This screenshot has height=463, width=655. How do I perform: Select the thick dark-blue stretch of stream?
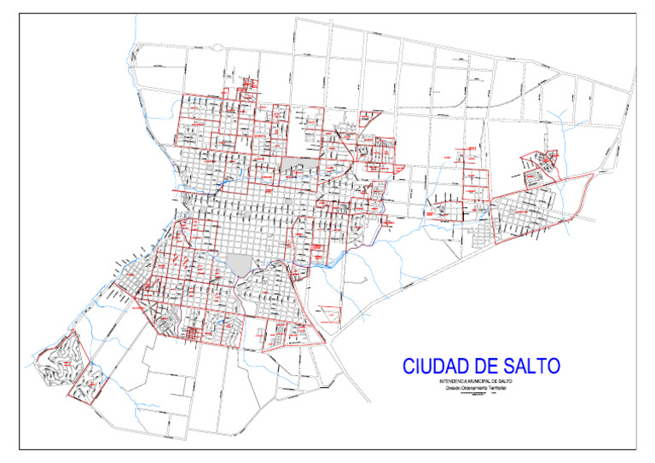click(x=223, y=181)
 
